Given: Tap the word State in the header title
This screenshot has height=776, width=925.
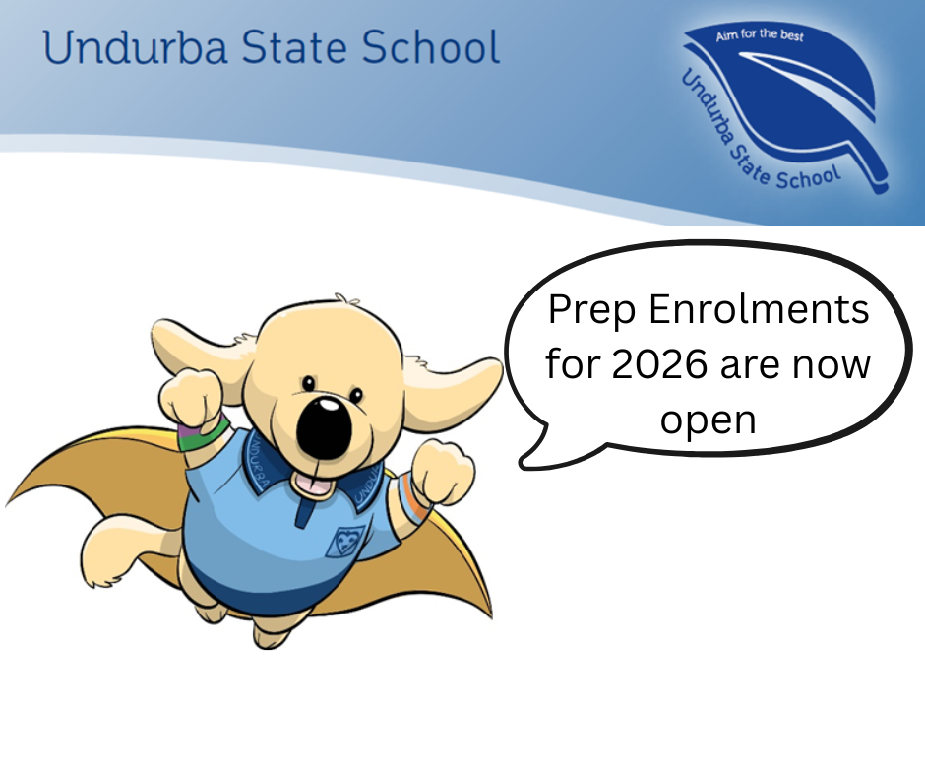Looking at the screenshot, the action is pyautogui.click(x=293, y=47).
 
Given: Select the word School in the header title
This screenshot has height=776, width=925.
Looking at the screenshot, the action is pyautogui.click(x=431, y=47).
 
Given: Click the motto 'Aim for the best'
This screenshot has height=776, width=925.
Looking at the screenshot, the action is pyautogui.click(x=760, y=34).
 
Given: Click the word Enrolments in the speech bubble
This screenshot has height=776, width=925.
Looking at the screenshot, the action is pyautogui.click(x=760, y=309).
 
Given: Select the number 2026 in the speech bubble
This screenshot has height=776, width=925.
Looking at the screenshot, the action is pyautogui.click(x=659, y=364).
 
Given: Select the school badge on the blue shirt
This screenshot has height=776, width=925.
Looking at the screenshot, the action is pyautogui.click(x=345, y=541).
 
